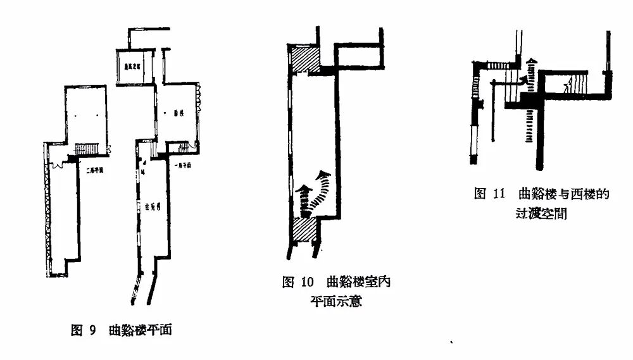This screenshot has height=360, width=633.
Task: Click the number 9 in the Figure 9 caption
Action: (x=92, y=330)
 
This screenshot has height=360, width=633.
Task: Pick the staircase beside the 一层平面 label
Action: (x=183, y=149)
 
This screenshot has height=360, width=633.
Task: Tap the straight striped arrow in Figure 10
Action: (x=305, y=197)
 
